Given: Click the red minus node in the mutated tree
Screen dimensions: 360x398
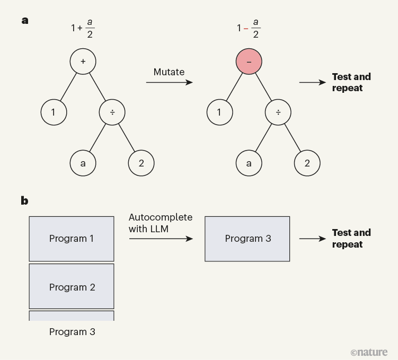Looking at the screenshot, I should click(x=249, y=62).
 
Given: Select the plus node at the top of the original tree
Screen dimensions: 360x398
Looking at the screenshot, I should click(x=83, y=62).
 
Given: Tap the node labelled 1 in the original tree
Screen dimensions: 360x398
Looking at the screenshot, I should click(x=54, y=112).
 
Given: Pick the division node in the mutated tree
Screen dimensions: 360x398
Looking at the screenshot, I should click(x=278, y=112).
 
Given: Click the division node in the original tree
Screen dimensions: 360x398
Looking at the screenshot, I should click(x=112, y=112).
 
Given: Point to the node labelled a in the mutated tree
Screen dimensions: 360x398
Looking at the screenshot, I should click(x=249, y=163).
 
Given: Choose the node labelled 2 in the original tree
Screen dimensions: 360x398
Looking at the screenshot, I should click(x=141, y=163).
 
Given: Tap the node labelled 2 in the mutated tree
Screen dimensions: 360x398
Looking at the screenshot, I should click(x=307, y=163).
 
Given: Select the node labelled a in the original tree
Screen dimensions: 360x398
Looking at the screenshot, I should click(x=83, y=163).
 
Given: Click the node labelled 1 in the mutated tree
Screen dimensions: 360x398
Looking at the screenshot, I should click(x=219, y=112).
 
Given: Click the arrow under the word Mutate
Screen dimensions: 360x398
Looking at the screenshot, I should click(x=169, y=83).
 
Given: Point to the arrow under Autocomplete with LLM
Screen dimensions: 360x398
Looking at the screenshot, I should click(x=161, y=239).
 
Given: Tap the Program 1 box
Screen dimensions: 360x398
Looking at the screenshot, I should click(x=72, y=239).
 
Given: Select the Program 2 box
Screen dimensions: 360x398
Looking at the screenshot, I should click(x=72, y=287).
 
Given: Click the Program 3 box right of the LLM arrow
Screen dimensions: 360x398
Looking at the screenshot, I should click(x=247, y=239).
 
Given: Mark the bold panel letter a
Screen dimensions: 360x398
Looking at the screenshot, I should click(x=24, y=21).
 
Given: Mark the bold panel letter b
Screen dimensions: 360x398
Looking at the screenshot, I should click(x=24, y=200).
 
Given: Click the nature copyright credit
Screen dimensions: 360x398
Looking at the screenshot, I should click(x=369, y=352).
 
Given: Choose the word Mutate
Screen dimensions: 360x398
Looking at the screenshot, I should click(x=169, y=72).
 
